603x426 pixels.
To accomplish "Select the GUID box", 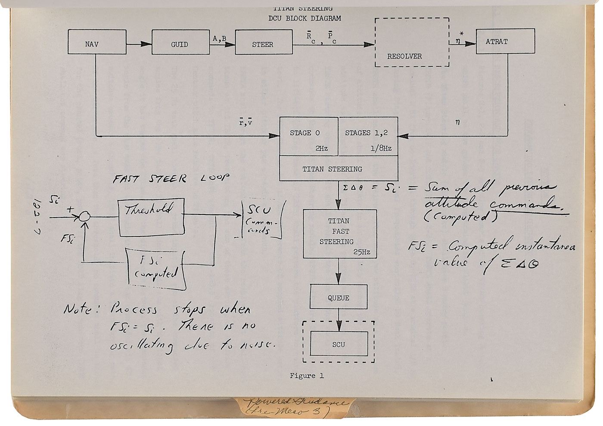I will pyautogui.click(x=179, y=44).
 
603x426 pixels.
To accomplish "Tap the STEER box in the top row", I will pyautogui.click(x=262, y=44).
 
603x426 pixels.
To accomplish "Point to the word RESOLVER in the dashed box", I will pyautogui.click(x=404, y=56).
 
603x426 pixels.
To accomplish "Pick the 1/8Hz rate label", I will pyautogui.click(x=380, y=148).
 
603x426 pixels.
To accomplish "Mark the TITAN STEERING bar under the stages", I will pyautogui.click(x=338, y=169).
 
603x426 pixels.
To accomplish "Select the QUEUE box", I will pyautogui.click(x=339, y=298).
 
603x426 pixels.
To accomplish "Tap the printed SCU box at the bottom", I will pyautogui.click(x=339, y=344).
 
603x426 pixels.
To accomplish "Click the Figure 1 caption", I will pyautogui.click(x=307, y=376).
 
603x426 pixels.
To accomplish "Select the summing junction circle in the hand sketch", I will pyautogui.click(x=85, y=216).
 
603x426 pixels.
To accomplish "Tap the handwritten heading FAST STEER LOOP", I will pyautogui.click(x=171, y=178).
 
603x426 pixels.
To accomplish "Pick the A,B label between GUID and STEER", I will pyautogui.click(x=219, y=38).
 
